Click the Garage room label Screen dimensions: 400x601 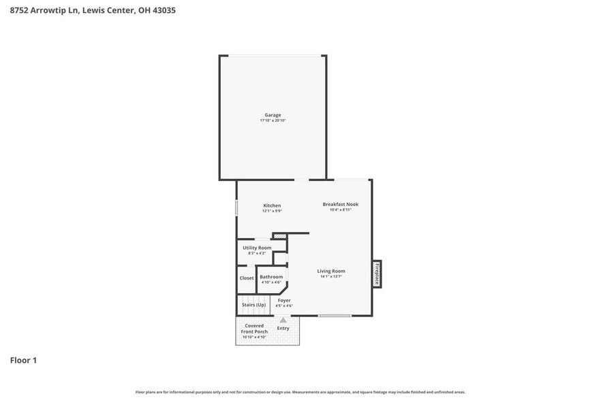tap(273, 115)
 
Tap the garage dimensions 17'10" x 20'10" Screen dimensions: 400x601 tap(273, 120)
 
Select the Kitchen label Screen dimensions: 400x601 tap(272, 205)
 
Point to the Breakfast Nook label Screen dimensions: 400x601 tap(340, 204)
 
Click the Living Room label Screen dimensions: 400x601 tap(331, 271)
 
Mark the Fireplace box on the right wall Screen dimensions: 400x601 tap(376, 274)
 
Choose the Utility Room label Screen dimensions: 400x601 tap(257, 248)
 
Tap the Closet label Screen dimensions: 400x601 tap(247, 278)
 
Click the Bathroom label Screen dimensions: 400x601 tap(271, 277)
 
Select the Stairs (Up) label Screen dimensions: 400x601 tap(253, 305)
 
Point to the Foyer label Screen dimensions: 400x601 tap(284, 300)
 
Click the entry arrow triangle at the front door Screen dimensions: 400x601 tap(283, 320)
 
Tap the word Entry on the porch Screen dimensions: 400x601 tap(283, 329)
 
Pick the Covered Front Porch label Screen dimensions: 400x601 tap(255, 329)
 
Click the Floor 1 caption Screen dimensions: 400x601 tap(23, 361)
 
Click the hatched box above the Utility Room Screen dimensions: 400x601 tap(280, 236)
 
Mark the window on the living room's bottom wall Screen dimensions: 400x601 tap(335, 316)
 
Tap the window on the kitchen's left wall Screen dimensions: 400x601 tap(236, 207)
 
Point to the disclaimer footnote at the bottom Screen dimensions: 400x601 tap(300, 392)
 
